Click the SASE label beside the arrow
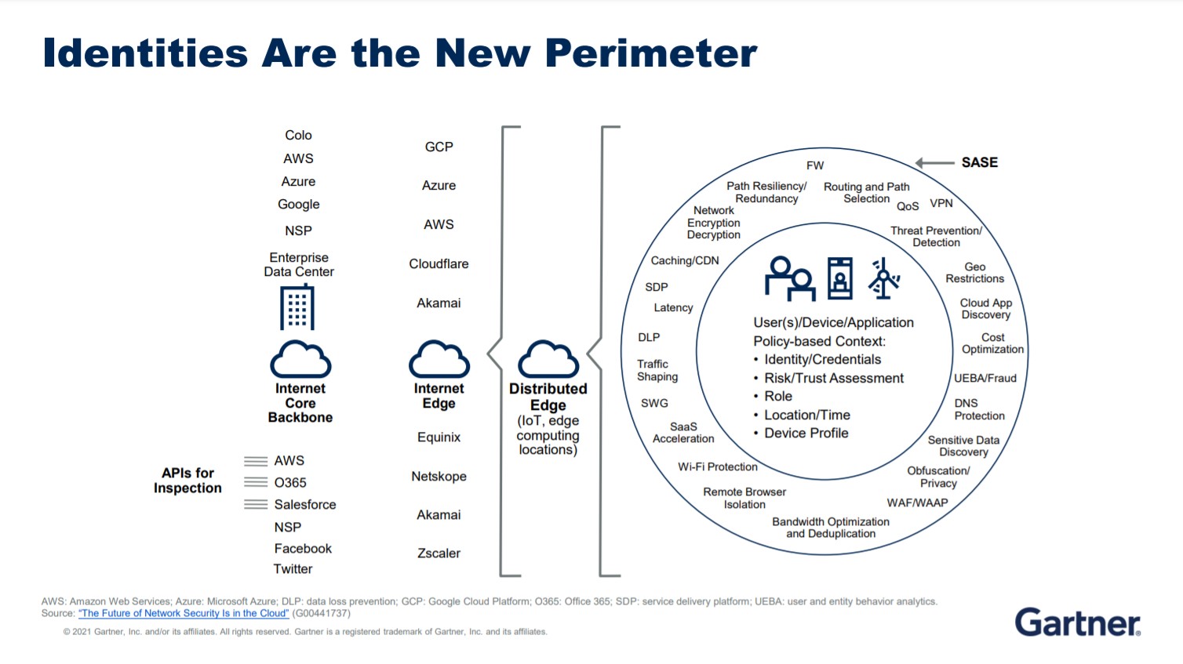[x=979, y=162]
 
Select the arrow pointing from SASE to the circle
[x=934, y=162]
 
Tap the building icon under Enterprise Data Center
[x=297, y=307]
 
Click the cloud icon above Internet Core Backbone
[x=300, y=359]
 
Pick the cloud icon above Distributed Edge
[x=548, y=359]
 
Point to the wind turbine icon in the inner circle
[x=883, y=278]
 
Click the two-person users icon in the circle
[x=790, y=278]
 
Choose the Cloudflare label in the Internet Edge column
[x=439, y=264]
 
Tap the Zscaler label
[x=439, y=553]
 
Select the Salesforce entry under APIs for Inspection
[x=304, y=505]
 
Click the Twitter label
[x=293, y=569]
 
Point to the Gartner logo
[x=1077, y=622]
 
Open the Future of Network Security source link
[x=184, y=613]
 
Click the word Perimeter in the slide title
[x=650, y=53]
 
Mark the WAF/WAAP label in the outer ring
[x=917, y=503]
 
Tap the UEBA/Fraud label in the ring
[x=985, y=378]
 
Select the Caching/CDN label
[x=684, y=261]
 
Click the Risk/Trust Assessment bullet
[x=833, y=378]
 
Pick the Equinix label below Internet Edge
[x=439, y=437]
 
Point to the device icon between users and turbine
[x=839, y=278]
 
